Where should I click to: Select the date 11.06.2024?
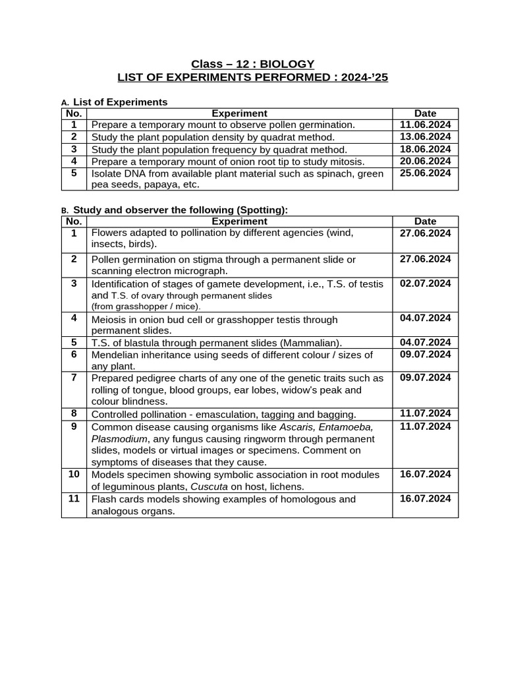pos(425,125)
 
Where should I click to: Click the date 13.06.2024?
pos(425,136)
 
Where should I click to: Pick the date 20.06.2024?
pos(425,161)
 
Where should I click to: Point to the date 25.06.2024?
pos(425,173)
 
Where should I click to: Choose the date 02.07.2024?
pos(425,283)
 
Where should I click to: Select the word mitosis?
pos(346,161)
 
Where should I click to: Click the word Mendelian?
pos(115,355)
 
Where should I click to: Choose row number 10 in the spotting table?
pos(74,474)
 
